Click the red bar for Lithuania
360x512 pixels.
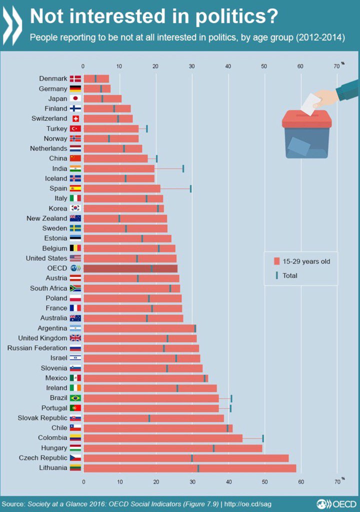coord(190,468)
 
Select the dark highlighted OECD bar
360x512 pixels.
coord(130,268)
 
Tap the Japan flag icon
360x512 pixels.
coord(75,98)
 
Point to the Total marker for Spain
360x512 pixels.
coord(190,188)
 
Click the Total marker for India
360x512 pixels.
coord(183,168)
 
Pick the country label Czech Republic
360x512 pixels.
coord(43,458)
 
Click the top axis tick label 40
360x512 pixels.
coord(228,66)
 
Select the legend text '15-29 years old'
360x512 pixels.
coord(306,261)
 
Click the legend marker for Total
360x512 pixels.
coord(276,275)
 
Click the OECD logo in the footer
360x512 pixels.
coord(335,503)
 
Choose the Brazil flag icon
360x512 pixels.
coord(75,398)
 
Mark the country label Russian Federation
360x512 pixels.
coord(37,348)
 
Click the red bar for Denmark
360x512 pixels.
coord(96,78)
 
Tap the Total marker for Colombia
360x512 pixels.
coord(263,438)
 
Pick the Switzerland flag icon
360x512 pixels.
coord(75,118)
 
